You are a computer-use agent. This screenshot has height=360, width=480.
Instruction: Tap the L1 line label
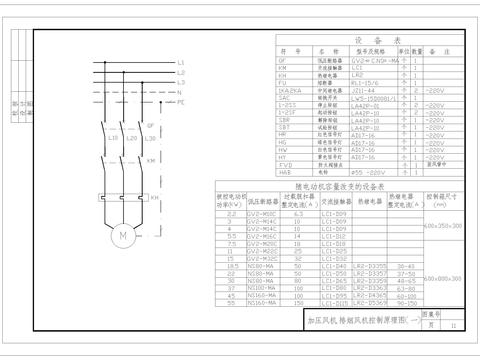tap(180, 63)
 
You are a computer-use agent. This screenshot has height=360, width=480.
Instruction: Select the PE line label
tap(181, 102)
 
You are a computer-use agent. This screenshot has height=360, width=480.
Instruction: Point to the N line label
tap(179, 93)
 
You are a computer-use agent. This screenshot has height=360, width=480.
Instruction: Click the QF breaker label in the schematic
tap(149, 127)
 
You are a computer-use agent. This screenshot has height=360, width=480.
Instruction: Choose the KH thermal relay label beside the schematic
tap(154, 197)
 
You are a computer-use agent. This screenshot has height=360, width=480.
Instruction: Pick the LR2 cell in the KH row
tap(355, 75)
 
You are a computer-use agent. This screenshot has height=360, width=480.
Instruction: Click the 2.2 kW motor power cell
tap(232, 214)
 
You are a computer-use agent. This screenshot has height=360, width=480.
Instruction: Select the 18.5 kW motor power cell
tap(232, 266)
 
